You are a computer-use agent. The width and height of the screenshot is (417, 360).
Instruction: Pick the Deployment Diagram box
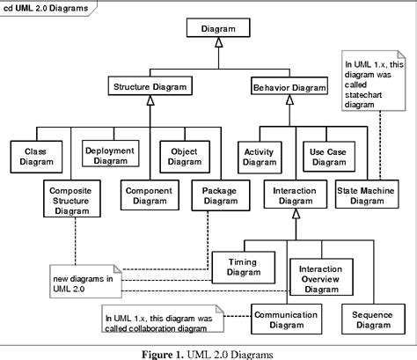110,155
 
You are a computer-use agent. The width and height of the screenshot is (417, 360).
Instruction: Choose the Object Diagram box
184,155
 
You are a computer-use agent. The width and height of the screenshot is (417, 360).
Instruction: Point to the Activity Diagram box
260,155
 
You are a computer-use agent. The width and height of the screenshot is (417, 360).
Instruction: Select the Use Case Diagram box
327,155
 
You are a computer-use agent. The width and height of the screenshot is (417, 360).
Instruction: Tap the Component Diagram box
148,195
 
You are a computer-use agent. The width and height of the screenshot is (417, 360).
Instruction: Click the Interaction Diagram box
295,195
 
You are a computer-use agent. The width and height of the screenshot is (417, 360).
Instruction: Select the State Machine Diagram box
366,195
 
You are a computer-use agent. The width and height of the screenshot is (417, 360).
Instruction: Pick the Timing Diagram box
243,267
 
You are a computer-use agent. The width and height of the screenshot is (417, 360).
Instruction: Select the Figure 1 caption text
208,354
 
